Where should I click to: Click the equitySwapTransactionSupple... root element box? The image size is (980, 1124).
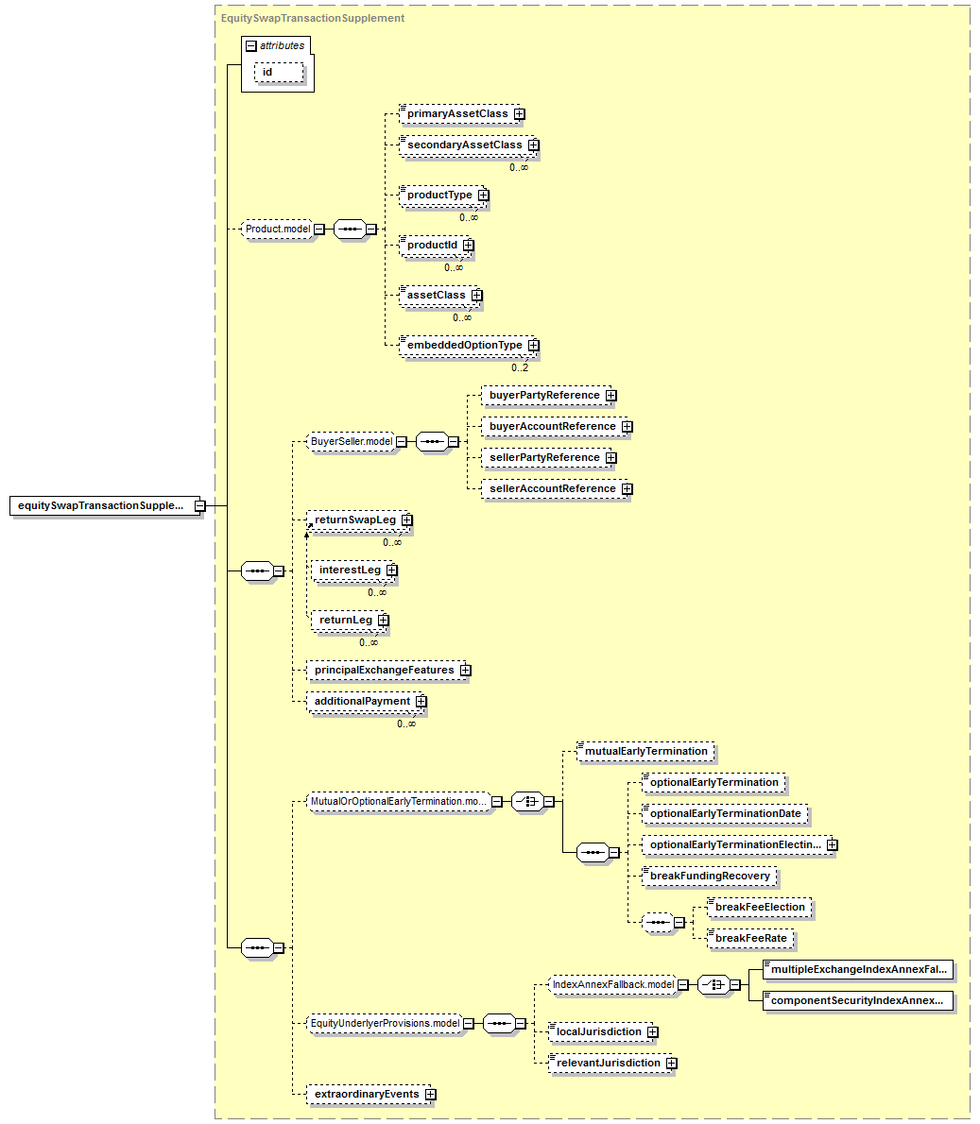[x=101, y=505]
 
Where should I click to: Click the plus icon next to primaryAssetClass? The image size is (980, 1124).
[x=520, y=114]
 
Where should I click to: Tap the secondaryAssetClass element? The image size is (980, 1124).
[x=464, y=145]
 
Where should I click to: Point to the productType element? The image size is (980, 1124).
[x=439, y=196]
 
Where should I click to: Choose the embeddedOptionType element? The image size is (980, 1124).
[x=464, y=346]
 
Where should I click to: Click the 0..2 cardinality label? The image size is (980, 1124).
[x=520, y=367]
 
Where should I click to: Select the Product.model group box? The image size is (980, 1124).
[x=278, y=229]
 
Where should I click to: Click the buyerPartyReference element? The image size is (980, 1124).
[x=544, y=396]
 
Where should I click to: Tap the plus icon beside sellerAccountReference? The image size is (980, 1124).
[x=627, y=489]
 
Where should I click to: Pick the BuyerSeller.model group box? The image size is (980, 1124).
[x=352, y=441]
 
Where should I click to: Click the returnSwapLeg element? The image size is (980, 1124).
[x=355, y=520]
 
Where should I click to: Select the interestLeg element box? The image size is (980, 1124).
[x=350, y=571]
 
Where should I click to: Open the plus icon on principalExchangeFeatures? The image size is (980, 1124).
[x=465, y=671]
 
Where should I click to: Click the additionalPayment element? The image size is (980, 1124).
[x=362, y=702]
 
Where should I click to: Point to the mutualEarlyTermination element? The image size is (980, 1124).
[x=646, y=752]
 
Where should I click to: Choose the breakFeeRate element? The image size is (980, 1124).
[x=750, y=939]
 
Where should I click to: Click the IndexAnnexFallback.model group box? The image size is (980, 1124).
[x=613, y=984]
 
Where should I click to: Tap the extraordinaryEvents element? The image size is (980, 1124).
[x=367, y=1095]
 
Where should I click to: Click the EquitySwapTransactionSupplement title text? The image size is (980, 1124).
[x=313, y=18]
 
